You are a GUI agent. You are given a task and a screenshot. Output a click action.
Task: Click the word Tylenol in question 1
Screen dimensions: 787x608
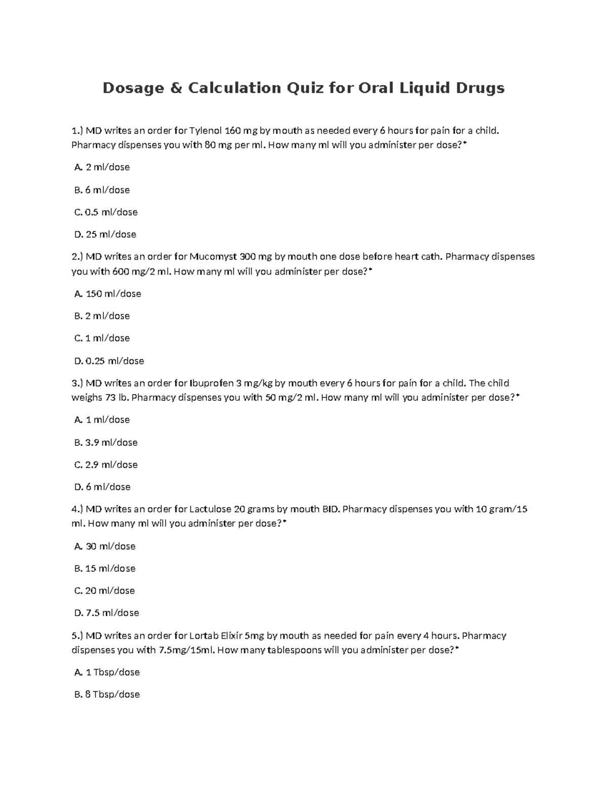(205, 131)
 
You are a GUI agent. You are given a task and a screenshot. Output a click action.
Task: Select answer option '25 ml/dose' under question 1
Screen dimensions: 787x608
(105, 234)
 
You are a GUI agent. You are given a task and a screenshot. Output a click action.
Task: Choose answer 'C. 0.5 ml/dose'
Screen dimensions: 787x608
(106, 212)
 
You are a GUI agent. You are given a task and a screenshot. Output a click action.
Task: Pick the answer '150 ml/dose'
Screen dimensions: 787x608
(107, 293)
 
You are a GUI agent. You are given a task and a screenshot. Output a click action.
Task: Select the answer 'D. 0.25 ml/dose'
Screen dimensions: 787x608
(109, 361)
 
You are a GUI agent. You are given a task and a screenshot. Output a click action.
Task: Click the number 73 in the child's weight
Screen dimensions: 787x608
(110, 397)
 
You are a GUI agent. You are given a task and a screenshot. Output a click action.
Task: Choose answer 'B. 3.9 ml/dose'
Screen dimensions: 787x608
(106, 442)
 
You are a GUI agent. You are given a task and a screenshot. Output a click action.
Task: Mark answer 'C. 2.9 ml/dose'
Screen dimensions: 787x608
(106, 465)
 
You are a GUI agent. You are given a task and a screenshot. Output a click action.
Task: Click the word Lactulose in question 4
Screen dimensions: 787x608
(210, 509)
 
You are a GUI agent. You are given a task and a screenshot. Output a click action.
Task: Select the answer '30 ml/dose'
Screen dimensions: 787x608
(105, 546)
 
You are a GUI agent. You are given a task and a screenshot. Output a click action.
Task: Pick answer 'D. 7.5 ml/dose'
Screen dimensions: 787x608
(106, 613)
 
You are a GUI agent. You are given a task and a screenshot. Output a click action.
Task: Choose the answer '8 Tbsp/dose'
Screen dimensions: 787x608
(107, 694)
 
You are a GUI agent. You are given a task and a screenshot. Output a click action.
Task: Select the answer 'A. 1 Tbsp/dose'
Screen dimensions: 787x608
(107, 672)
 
